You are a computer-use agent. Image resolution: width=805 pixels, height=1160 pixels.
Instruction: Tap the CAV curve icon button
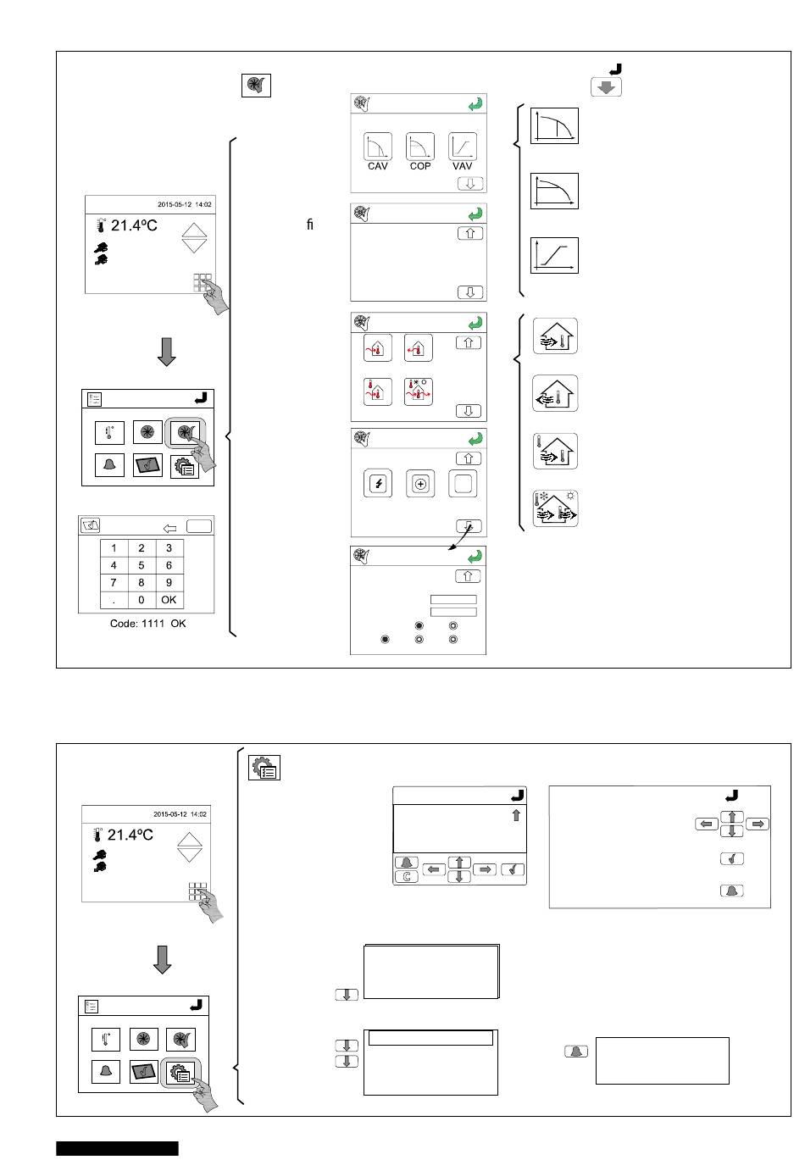(x=377, y=147)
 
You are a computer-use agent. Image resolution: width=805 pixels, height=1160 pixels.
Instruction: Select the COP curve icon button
(x=419, y=147)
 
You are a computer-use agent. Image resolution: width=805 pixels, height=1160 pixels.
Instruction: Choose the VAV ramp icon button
(x=462, y=147)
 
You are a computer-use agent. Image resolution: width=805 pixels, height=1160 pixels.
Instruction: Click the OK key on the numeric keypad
(x=169, y=600)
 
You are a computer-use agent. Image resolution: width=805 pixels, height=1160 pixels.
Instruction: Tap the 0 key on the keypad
(x=141, y=600)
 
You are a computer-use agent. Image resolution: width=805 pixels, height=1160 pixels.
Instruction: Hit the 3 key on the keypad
(x=169, y=548)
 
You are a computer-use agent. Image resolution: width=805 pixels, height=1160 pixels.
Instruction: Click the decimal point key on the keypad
(x=114, y=600)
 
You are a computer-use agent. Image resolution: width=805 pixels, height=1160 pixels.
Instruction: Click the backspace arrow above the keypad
(x=169, y=528)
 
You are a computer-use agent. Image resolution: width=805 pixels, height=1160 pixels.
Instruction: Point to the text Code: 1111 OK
(x=147, y=624)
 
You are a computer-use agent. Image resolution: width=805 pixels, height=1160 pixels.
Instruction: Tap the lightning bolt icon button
(x=378, y=484)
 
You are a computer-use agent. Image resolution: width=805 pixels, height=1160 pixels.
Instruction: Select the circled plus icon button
(x=420, y=484)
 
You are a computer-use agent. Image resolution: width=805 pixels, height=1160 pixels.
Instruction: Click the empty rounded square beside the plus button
(x=463, y=484)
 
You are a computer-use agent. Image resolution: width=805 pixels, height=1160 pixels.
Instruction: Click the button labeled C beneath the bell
(x=406, y=877)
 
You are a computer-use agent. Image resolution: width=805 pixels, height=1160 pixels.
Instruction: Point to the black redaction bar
(x=117, y=1147)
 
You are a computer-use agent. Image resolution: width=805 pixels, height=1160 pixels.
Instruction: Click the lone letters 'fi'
(x=309, y=225)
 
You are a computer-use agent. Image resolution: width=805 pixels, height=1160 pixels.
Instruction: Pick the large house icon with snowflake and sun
(x=555, y=508)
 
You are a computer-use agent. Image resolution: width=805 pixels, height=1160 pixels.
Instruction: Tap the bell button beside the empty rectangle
(x=575, y=1052)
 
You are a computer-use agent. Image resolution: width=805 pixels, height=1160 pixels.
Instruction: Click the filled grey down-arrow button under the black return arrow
(x=606, y=87)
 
